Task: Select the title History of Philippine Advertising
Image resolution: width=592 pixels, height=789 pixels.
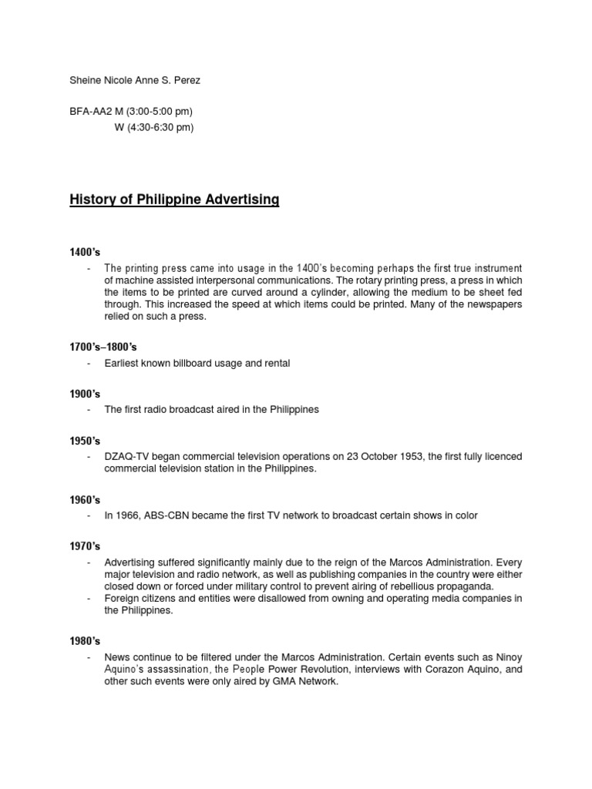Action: coord(174,200)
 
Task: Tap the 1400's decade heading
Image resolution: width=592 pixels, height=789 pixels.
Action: coord(85,251)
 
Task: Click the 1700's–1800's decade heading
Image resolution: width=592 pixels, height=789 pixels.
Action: coord(103,347)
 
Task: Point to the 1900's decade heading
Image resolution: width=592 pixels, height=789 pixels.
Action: coord(85,394)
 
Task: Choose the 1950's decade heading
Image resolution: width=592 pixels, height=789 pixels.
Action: coord(85,441)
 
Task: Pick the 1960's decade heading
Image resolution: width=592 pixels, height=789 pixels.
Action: coord(85,499)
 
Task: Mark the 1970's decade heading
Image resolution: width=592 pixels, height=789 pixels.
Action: coord(85,546)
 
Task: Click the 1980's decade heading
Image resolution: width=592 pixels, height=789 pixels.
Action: coord(85,640)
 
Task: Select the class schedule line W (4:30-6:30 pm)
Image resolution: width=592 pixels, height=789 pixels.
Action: coord(153,127)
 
